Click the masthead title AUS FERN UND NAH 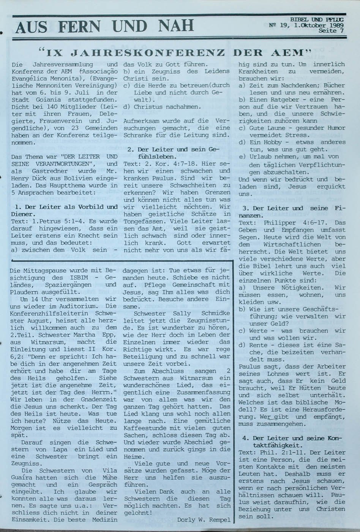pos(105,26)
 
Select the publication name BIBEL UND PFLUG pos(317,19)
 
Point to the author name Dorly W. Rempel pos(204,519)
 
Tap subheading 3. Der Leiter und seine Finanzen pos(292,212)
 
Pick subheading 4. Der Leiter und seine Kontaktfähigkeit pos(292,442)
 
